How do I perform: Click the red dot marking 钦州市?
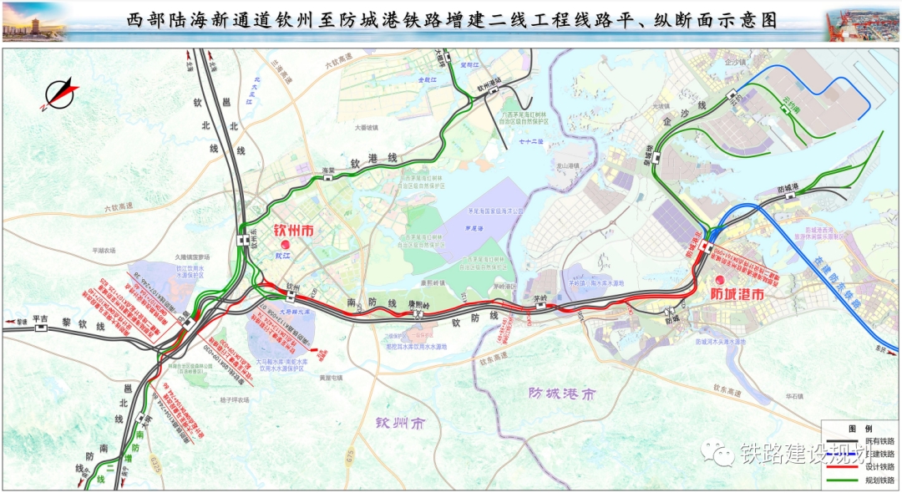[x=285, y=244]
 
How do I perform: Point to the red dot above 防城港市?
[x=721, y=278]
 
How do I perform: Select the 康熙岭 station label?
[x=418, y=305]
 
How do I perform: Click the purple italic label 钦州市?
[x=399, y=424]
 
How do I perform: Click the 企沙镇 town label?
[x=736, y=62]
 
